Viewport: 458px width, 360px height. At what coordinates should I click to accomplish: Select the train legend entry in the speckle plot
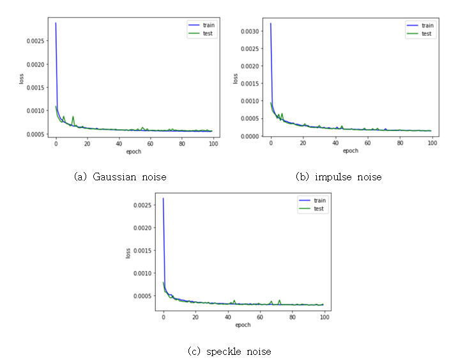point(313,201)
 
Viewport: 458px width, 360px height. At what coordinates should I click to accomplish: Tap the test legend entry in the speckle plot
point(313,208)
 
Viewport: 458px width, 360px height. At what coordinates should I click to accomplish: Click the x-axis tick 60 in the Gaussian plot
point(150,145)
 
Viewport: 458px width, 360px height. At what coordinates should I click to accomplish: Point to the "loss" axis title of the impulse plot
point(235,79)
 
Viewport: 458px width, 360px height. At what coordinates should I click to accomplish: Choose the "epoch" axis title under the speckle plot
point(243,325)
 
